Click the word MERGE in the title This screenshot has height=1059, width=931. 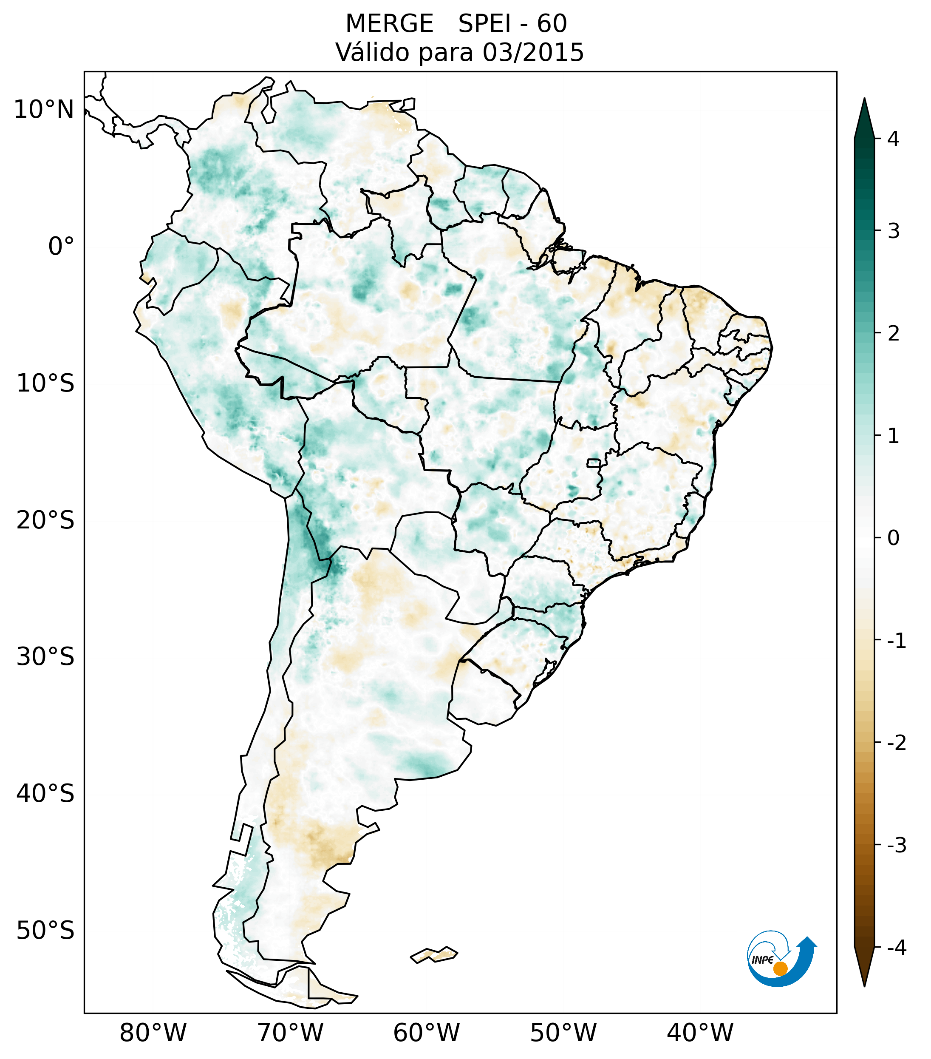click(389, 24)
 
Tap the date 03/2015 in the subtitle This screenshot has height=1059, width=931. click(533, 52)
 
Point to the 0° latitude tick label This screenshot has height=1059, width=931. click(61, 246)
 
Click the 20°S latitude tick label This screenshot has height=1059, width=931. click(45, 520)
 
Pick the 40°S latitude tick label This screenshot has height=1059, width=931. click(45, 793)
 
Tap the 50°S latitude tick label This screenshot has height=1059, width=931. click(45, 931)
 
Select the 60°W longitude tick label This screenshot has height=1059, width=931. click(426, 1033)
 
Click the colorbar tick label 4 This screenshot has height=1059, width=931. click(893, 139)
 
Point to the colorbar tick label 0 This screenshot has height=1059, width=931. click(893, 538)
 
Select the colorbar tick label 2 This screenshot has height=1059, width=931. click(893, 334)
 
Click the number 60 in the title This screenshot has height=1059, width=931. click(552, 24)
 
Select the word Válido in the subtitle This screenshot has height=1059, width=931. click(373, 52)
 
